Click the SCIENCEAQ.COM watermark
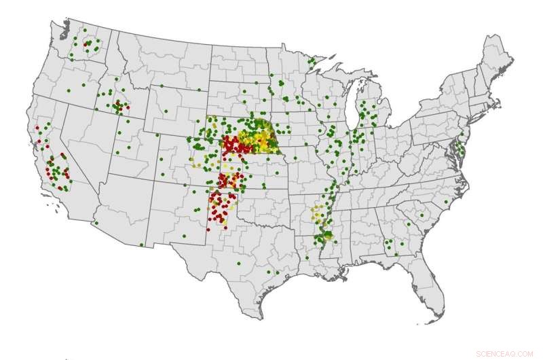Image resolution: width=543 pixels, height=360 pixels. point(504,353)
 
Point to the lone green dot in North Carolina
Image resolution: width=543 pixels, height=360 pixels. point(446,202)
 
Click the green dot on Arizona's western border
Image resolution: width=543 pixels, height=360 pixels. point(96,223)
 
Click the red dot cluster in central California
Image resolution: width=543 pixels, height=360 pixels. point(58,170)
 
